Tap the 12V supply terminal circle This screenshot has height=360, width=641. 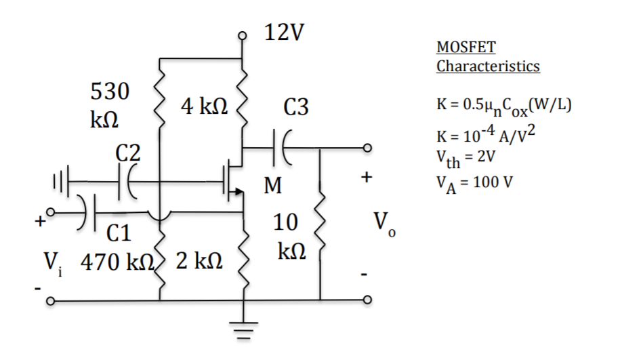pyautogui.click(x=245, y=37)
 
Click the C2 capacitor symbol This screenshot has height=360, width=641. pyautogui.click(x=126, y=182)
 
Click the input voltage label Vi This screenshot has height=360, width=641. pyautogui.click(x=53, y=262)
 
